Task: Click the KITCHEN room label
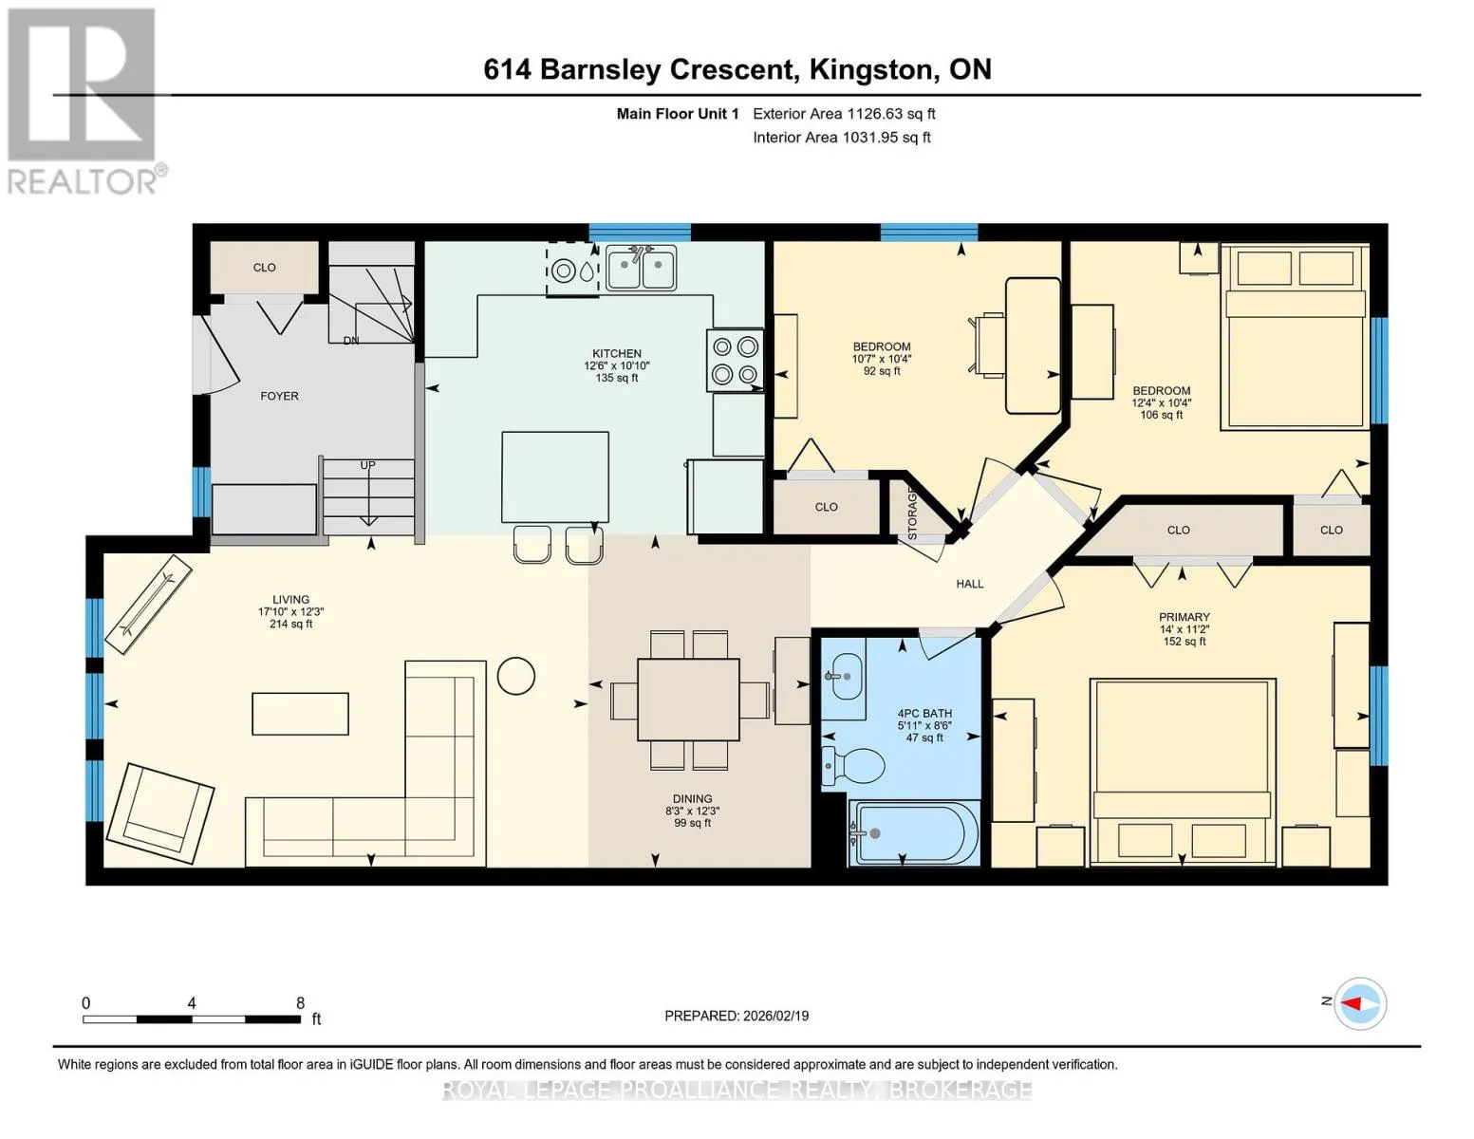click(x=616, y=353)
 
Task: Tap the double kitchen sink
click(x=641, y=268)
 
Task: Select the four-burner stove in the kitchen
click(x=735, y=361)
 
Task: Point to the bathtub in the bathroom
click(x=913, y=832)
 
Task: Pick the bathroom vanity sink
click(x=843, y=677)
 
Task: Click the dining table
click(x=688, y=700)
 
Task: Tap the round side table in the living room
click(x=515, y=676)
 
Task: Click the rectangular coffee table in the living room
click(x=300, y=714)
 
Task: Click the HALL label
click(x=969, y=584)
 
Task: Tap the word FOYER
click(x=279, y=396)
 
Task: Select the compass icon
click(x=1359, y=1003)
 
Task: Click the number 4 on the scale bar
click(x=192, y=1002)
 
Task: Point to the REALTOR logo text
click(x=83, y=182)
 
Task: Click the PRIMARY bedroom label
click(x=1184, y=617)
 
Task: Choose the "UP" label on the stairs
click(x=367, y=465)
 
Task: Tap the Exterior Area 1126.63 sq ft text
click(x=844, y=114)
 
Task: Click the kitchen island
click(x=555, y=476)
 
